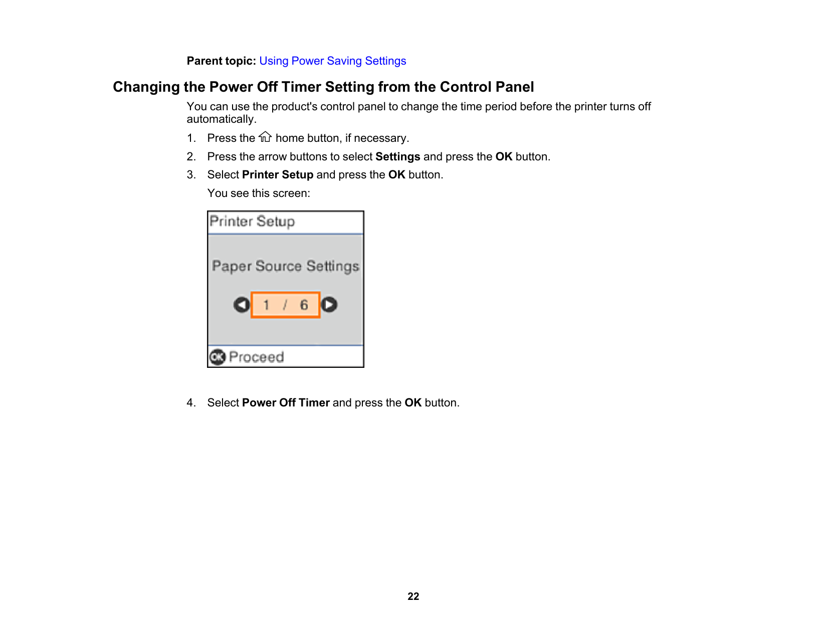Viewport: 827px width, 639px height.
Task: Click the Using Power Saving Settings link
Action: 332,61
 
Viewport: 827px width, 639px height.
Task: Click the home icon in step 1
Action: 265,137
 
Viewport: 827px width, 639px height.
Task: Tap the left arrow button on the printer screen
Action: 242,305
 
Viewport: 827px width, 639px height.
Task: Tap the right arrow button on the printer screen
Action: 329,305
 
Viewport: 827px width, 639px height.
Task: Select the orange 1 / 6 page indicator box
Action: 285,305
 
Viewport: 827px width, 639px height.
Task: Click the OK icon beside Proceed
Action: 218,357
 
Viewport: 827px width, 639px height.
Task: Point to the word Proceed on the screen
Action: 256,357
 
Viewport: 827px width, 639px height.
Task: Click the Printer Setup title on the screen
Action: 252,222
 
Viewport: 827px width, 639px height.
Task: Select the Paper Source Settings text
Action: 285,266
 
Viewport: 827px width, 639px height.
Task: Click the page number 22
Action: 413,596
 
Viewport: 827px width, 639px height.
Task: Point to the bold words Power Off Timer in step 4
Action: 286,403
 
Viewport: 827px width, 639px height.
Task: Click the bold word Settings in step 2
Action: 397,157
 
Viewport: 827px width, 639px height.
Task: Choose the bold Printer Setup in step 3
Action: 278,175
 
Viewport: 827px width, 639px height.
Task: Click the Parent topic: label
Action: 221,61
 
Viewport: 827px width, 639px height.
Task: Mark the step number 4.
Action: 191,403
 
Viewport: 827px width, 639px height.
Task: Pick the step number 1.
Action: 191,138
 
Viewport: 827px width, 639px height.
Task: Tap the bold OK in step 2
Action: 504,157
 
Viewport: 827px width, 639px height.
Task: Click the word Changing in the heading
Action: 146,87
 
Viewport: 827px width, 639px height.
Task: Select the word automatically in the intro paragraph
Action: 221,119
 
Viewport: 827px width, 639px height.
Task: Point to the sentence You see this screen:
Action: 259,193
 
